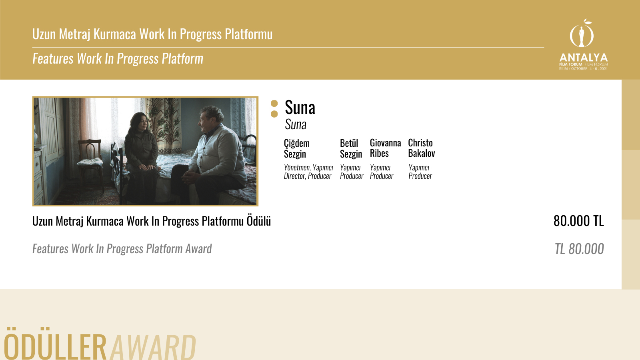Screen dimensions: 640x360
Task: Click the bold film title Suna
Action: [300, 108]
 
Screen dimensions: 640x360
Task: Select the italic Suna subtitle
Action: [296, 124]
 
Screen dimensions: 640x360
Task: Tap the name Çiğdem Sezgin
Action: [296, 148]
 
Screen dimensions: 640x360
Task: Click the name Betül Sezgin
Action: [351, 148]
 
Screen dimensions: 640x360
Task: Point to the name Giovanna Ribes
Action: [386, 148]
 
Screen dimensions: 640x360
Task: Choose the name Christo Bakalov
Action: [422, 148]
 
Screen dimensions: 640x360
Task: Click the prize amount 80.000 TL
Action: [578, 221]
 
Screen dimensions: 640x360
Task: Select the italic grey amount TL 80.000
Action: [579, 248]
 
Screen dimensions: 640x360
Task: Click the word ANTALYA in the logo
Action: [584, 58]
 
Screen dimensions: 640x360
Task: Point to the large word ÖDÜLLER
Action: [55, 344]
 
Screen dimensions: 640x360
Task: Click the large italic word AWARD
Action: [153, 347]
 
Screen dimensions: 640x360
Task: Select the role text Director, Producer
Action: [308, 176]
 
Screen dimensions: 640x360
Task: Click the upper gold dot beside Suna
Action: [274, 103]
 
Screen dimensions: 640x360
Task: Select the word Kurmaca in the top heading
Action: [115, 34]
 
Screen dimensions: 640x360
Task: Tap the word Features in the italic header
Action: [53, 58]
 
